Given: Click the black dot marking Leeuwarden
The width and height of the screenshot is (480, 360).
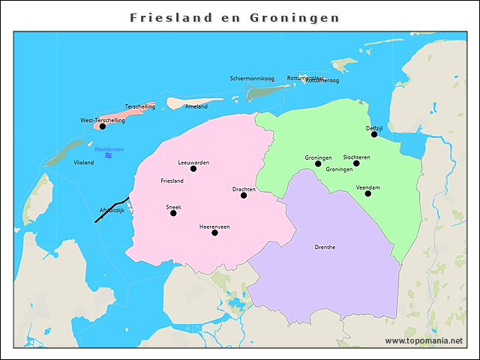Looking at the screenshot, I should [193, 169].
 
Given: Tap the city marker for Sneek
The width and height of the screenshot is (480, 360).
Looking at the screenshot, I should [173, 213].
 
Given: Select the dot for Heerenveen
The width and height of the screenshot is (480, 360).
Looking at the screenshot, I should [214, 232].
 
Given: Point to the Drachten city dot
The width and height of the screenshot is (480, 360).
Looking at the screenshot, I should [244, 195].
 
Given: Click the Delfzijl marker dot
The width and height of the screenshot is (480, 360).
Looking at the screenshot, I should [374, 134].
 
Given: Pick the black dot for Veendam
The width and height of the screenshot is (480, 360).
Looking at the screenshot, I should [368, 193].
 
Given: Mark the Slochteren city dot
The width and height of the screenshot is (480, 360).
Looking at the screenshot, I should [356, 163].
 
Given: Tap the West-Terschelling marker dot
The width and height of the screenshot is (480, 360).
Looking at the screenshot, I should [103, 126].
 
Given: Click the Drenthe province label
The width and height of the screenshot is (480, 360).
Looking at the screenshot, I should [325, 247].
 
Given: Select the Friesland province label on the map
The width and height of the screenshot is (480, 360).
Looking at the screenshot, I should [172, 181].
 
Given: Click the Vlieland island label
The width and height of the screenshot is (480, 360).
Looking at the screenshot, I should [84, 162].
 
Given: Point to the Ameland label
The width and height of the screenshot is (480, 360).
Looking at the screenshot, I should [196, 106].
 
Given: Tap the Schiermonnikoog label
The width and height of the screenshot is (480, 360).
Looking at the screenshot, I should [252, 78].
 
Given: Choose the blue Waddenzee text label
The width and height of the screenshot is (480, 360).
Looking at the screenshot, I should [109, 149].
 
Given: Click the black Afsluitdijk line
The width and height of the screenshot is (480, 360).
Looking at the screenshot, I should [112, 208].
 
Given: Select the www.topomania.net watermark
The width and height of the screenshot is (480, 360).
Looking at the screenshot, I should [424, 340].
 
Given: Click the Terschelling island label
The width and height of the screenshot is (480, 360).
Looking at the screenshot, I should [140, 106].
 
